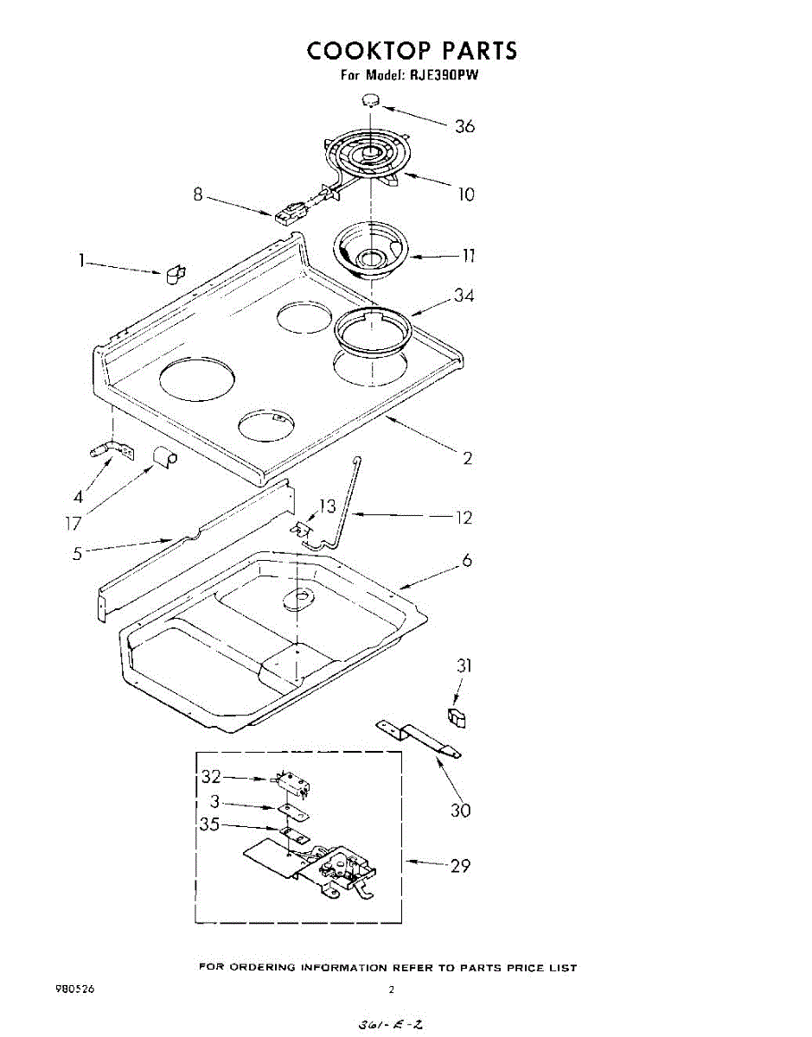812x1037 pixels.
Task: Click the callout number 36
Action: click(x=464, y=126)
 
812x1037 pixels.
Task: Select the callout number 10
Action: click(x=466, y=194)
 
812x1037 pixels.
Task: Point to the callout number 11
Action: click(x=468, y=256)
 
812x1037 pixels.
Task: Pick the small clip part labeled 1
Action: click(x=173, y=273)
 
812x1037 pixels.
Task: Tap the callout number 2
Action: click(x=468, y=459)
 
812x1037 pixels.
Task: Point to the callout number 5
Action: click(x=78, y=553)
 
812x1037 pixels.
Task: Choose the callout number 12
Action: click(x=464, y=518)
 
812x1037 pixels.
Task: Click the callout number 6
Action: click(x=467, y=561)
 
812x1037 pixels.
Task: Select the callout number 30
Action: click(x=460, y=811)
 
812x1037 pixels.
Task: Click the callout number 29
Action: click(x=460, y=865)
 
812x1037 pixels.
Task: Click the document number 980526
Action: click(x=74, y=989)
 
